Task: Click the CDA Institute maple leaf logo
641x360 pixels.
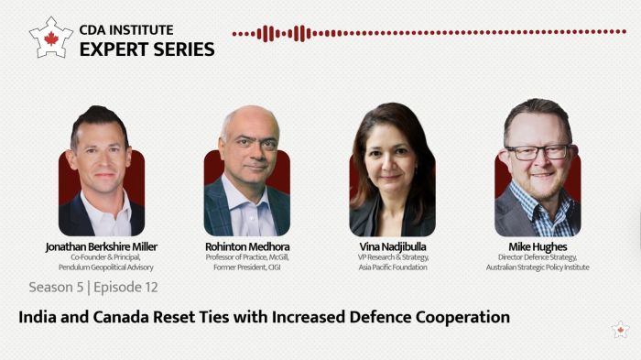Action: [50, 37]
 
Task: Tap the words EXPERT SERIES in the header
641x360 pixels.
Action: [147, 49]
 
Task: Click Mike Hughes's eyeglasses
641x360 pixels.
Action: [538, 151]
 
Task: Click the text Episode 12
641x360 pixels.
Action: [127, 288]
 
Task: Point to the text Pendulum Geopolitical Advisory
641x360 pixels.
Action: [101, 267]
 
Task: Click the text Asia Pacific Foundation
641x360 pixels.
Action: [392, 267]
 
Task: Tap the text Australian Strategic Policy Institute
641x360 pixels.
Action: [538, 267]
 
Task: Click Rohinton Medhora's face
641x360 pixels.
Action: [247, 147]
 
